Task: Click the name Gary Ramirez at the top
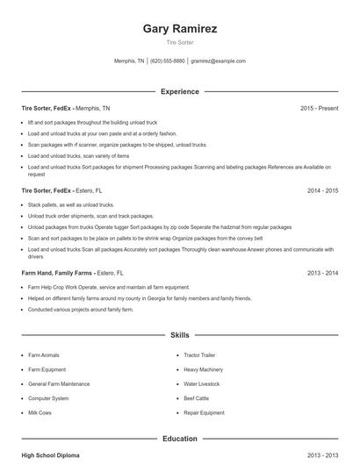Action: (x=180, y=28)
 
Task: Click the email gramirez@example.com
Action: (x=218, y=61)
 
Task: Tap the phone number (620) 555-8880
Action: (x=167, y=61)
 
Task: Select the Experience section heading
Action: (x=180, y=91)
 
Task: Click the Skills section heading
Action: (x=180, y=335)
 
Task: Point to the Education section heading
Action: (x=180, y=438)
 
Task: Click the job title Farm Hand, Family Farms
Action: (x=56, y=273)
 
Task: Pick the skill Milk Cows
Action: (x=40, y=412)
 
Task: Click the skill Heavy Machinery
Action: (x=204, y=369)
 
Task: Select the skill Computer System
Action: (x=48, y=398)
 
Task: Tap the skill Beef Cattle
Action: (x=197, y=398)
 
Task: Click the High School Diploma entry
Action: (x=51, y=455)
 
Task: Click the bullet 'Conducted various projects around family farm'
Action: (x=81, y=309)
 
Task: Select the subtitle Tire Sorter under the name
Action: (x=180, y=42)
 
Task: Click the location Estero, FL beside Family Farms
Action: (x=112, y=273)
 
